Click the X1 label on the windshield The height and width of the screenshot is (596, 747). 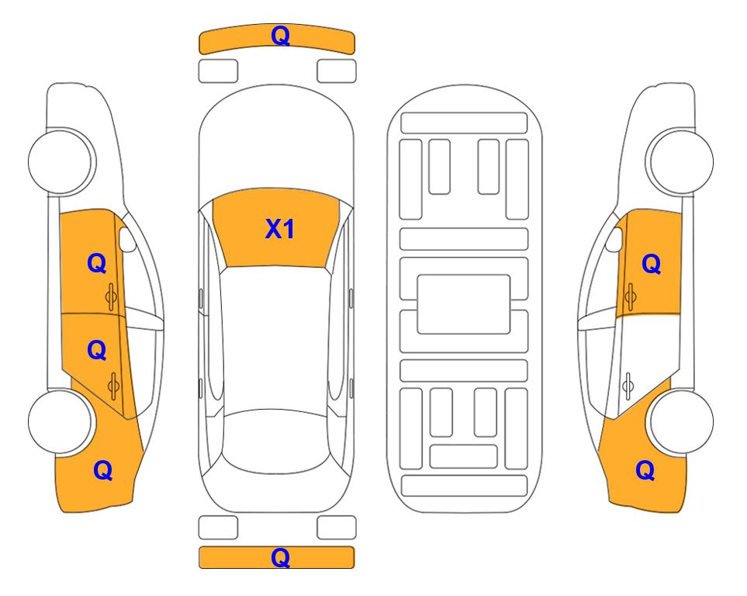point(280,229)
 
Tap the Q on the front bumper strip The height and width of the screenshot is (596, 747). point(281,36)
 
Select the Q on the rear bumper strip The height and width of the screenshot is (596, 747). point(281,557)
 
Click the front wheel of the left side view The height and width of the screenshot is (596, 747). point(61,161)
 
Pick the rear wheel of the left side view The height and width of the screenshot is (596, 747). point(61,421)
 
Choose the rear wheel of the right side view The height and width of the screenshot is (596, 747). point(681,421)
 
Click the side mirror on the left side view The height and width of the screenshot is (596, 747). point(127,239)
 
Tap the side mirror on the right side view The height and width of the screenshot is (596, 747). point(614,239)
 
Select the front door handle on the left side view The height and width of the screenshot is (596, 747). point(112,296)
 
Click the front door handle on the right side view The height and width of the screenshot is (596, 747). point(630,296)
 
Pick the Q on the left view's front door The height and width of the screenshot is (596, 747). point(97,263)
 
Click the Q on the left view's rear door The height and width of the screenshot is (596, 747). point(97,351)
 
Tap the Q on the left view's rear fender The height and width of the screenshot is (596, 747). point(103,470)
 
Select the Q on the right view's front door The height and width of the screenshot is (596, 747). point(652,264)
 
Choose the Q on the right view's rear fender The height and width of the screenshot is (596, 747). point(645,470)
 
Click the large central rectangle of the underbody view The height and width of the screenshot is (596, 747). point(464,304)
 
